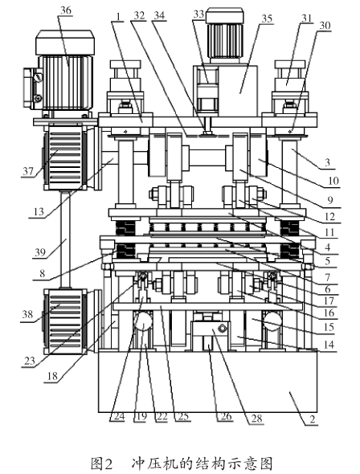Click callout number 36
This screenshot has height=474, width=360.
[x=66, y=10]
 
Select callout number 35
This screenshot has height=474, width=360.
[x=267, y=18]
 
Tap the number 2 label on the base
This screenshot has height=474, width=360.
[x=313, y=419]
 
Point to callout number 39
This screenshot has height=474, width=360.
[x=39, y=251]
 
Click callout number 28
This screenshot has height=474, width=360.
[x=256, y=419]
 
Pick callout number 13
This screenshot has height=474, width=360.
[x=39, y=211]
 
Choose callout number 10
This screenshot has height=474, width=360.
[x=333, y=181]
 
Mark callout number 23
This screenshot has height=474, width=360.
[x=30, y=361]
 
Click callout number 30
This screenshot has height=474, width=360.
[x=325, y=26]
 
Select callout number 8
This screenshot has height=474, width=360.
[x=42, y=274]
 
